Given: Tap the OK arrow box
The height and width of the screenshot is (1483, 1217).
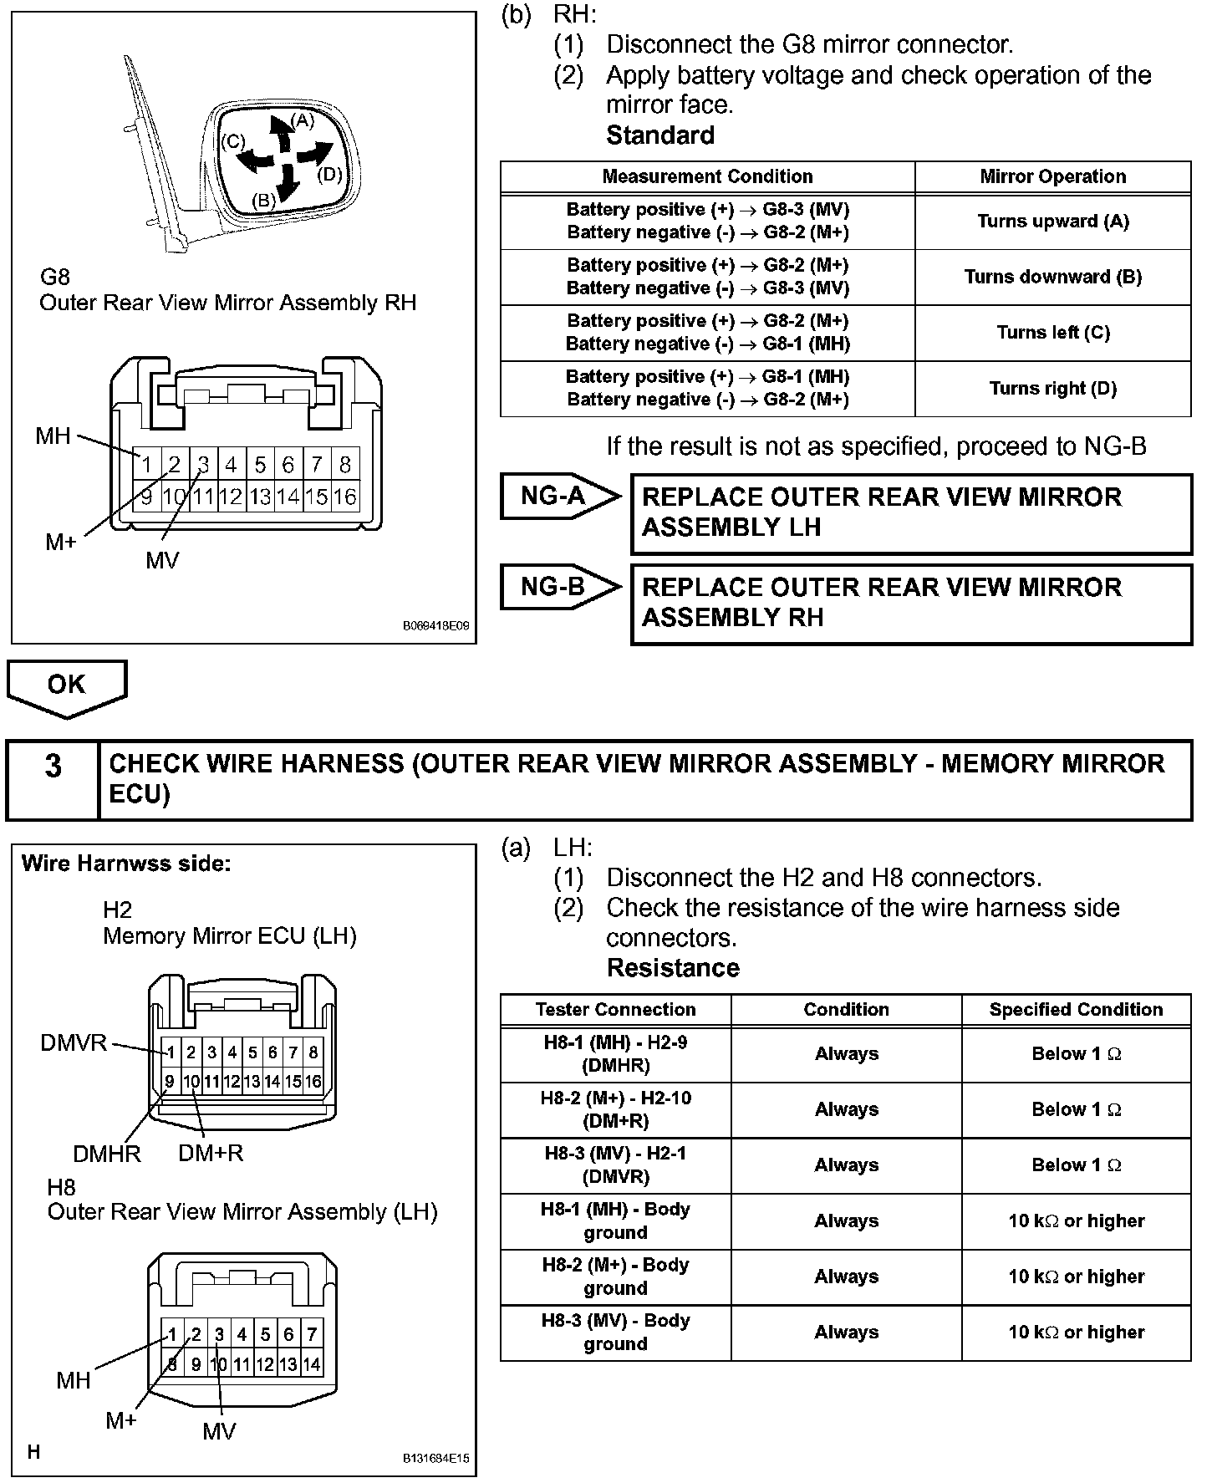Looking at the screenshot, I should [66, 685].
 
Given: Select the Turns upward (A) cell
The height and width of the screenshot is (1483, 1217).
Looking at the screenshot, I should [1052, 222].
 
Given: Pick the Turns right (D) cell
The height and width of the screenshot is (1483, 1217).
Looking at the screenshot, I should [1052, 389].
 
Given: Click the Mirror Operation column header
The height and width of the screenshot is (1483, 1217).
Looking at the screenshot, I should [1052, 176].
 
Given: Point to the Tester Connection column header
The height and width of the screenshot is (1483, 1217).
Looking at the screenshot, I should [615, 1010].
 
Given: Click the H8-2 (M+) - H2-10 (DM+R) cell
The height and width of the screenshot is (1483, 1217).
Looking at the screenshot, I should [615, 1109].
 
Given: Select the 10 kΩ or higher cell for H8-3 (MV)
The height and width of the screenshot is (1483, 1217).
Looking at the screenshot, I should [1076, 1333].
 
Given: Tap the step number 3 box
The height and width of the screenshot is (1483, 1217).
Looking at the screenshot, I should [53, 766].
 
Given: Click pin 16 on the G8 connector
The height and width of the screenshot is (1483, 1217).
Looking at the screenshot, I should [344, 497].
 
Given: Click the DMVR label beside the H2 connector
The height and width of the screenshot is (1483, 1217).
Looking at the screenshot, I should [74, 1043].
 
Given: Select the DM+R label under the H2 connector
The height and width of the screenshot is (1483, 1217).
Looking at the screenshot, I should [211, 1154].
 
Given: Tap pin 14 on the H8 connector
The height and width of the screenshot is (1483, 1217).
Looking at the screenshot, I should [311, 1365].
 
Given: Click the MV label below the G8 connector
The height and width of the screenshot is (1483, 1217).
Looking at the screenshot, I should [162, 561].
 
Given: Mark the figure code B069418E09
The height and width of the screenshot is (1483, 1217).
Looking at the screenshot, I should [435, 625].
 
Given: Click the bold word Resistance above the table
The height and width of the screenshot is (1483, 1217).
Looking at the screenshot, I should [673, 968].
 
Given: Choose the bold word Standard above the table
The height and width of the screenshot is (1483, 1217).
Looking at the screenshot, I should [659, 135].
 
